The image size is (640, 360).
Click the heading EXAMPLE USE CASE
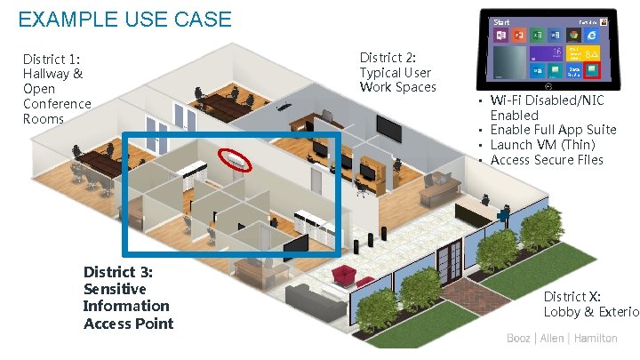(x=124, y=19)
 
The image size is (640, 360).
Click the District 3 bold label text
(x=127, y=298)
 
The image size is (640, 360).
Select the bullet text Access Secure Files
(x=547, y=160)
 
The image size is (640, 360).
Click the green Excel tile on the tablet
(x=537, y=35)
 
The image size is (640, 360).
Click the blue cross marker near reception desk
(x=503, y=212)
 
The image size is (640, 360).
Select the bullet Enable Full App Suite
(x=553, y=130)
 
